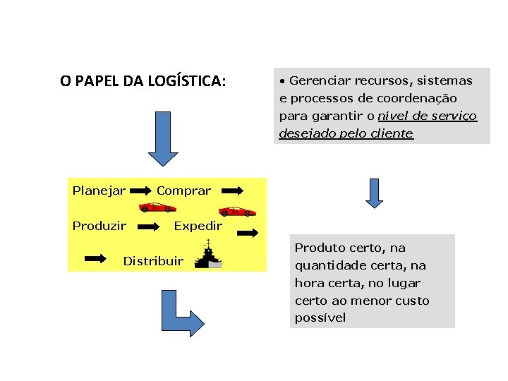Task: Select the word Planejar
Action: pos(99,190)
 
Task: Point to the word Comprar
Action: pos(183,190)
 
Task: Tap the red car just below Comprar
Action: pos(157,207)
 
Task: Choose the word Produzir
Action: pos(99,226)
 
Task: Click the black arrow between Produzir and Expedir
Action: pos(148,226)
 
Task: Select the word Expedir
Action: pos(198,226)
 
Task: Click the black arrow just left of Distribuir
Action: pos(95,259)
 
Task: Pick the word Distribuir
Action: pos(153,261)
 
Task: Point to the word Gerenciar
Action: pos(317,80)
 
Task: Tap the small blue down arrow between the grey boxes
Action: pos(374,193)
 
